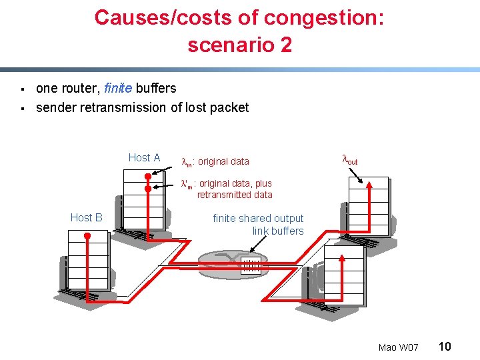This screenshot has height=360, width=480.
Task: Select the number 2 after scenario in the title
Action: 285,45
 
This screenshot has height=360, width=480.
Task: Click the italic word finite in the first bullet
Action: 118,88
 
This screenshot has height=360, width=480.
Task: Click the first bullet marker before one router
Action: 23,89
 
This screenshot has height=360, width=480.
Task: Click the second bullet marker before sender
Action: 23,108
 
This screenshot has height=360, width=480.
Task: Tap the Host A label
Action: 144,158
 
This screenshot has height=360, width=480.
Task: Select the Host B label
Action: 86,217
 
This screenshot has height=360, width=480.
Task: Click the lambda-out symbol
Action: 349,160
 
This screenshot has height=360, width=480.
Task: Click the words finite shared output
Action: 258,218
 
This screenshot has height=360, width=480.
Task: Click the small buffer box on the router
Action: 251,266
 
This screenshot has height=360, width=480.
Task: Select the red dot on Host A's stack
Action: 148,177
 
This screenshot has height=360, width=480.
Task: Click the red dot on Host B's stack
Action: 87,236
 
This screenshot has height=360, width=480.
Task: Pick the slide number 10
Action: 445,346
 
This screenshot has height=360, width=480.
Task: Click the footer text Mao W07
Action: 398,347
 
